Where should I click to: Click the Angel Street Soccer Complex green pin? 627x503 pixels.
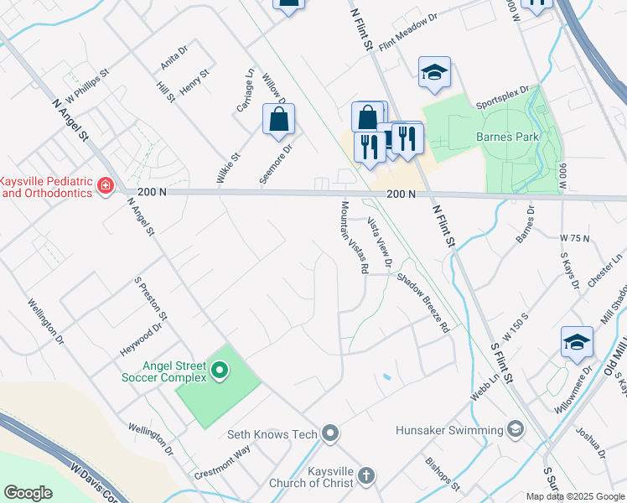(220, 370)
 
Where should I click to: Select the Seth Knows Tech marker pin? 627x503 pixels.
(330, 433)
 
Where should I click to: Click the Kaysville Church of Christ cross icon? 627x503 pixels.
(365, 475)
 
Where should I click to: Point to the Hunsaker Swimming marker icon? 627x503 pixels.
(516, 430)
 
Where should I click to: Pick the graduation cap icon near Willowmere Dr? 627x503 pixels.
(577, 342)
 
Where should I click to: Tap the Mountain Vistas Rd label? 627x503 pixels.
(355, 237)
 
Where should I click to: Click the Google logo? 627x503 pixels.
(28, 493)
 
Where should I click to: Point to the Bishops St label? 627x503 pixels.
(443, 474)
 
